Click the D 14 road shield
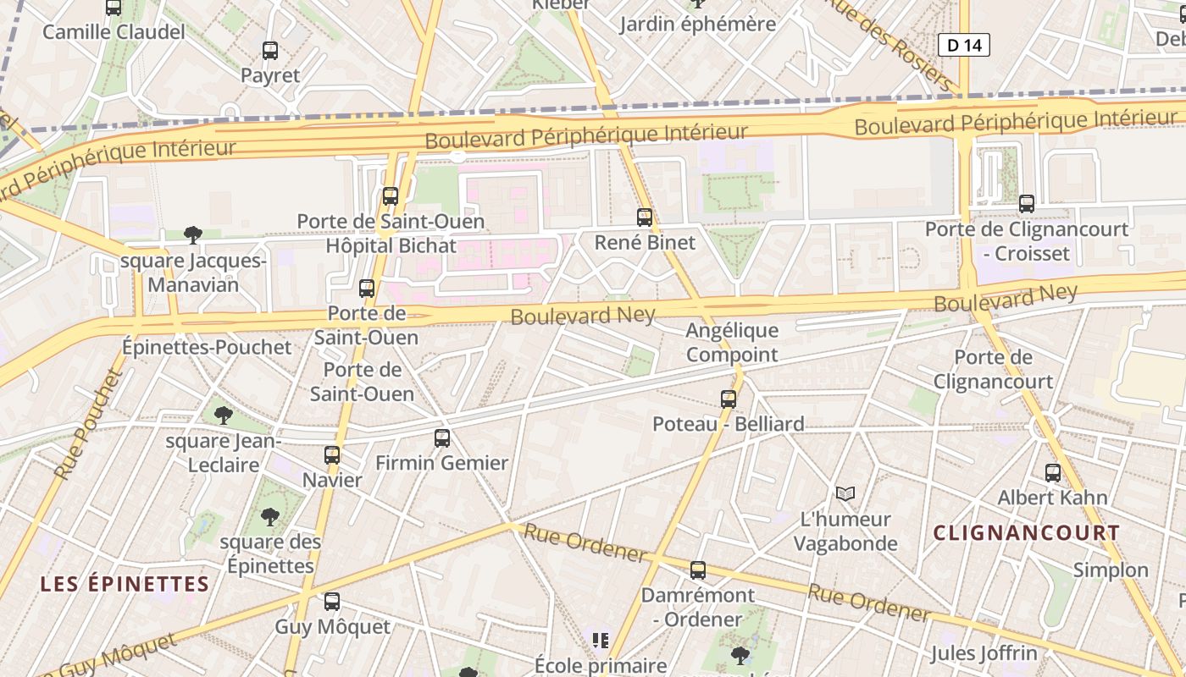point(964,45)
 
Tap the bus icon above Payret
point(270,51)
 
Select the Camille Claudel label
point(114,32)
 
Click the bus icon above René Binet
point(645,217)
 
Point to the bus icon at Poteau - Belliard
point(729,399)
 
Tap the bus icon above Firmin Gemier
point(442,438)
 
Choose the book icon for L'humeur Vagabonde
point(845,493)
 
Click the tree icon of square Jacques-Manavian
point(193,235)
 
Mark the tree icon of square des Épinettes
point(270,516)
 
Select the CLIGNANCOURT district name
point(1026,533)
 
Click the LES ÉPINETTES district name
point(125,584)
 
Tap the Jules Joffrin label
point(984,653)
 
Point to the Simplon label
point(1111,570)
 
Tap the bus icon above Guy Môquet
point(332,602)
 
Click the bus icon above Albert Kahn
point(1053,473)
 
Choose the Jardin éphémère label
point(697,24)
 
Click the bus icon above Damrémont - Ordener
point(698,570)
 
